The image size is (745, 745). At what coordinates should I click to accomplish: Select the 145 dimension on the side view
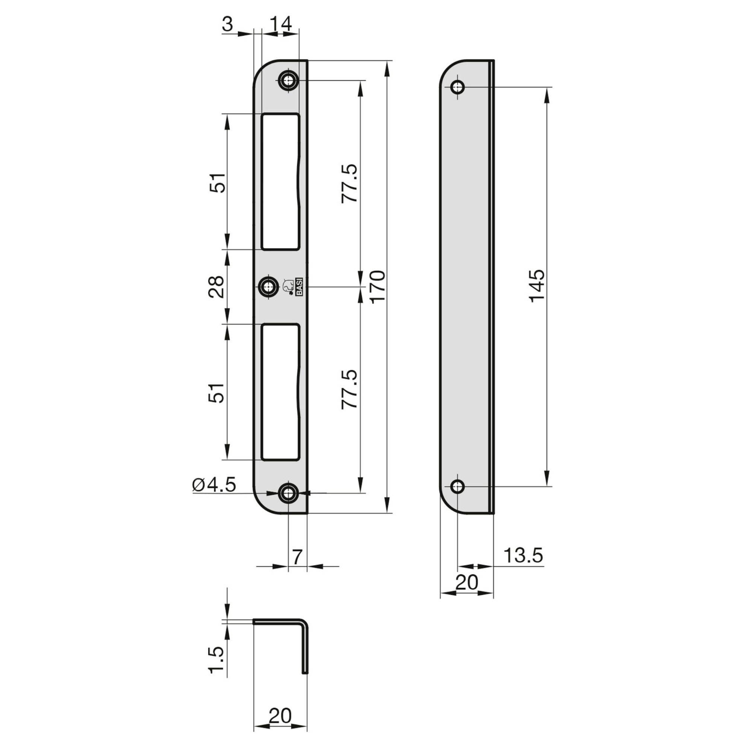pos(537,286)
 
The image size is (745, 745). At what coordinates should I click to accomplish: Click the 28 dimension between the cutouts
pos(217,286)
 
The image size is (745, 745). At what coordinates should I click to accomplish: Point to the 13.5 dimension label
pos(523,556)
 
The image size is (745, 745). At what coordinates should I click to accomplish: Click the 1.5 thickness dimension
pos(216,660)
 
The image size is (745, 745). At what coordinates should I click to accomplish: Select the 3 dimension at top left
pos(228,25)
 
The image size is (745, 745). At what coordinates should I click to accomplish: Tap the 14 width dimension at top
pos(280,24)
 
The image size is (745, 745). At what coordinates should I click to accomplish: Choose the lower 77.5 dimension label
pos(350,390)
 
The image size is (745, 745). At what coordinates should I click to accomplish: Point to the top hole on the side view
pos(458,88)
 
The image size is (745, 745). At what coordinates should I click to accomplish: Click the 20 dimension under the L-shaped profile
pos(280,716)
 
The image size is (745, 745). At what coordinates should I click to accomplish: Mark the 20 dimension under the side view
pos(467,582)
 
